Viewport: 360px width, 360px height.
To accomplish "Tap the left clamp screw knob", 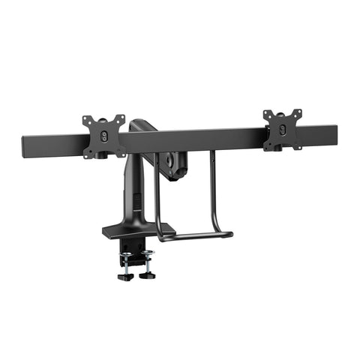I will (x=125, y=275).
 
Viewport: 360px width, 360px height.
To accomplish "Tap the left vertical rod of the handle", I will (x=156, y=195).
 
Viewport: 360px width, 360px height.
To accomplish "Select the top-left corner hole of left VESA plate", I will (x=86, y=119).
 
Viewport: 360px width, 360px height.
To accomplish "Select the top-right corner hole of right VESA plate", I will (x=298, y=112).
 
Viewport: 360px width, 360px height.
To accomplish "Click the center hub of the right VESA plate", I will (x=283, y=128).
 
